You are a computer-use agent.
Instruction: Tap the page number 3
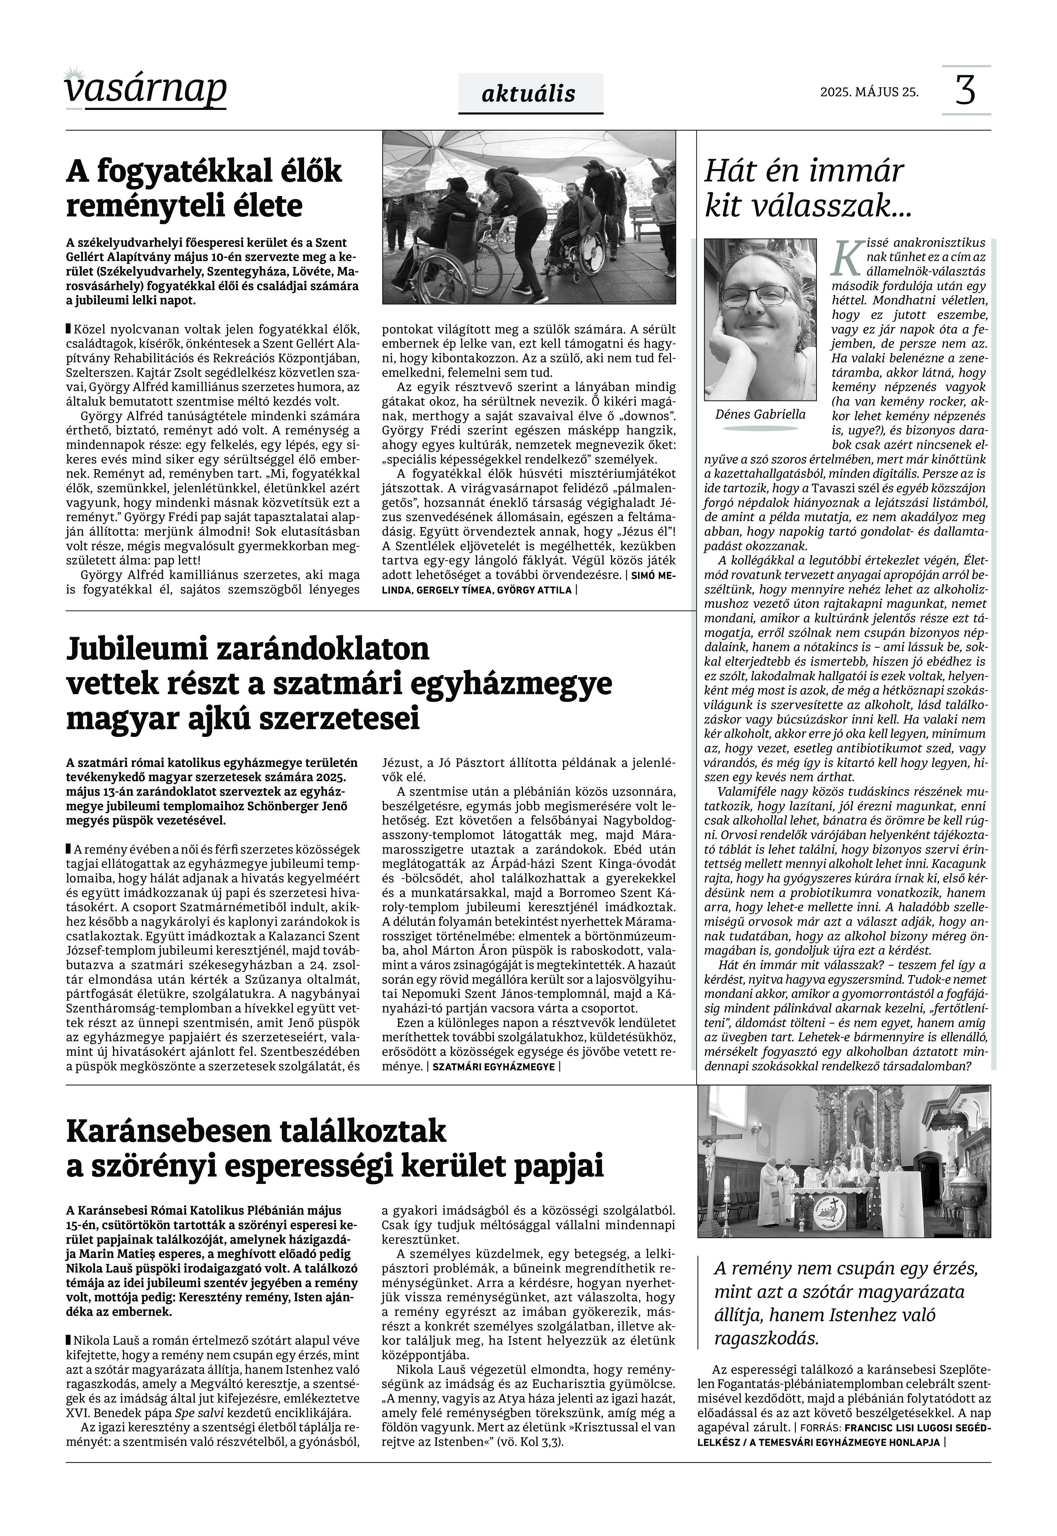966,91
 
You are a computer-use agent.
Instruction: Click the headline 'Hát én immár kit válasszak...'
808,189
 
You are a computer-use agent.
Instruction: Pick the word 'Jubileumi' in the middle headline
142,649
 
